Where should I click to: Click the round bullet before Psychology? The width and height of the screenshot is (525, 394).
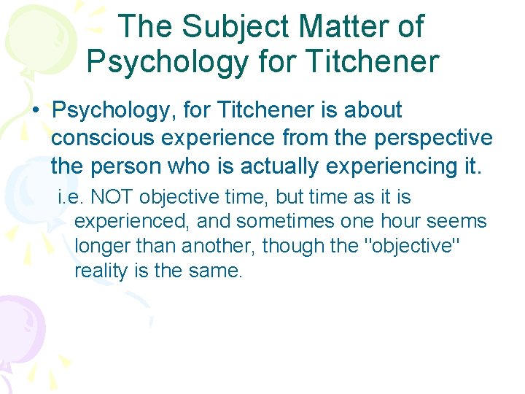[x=34, y=111]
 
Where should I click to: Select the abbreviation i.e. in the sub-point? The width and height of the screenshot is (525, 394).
[x=71, y=198]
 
